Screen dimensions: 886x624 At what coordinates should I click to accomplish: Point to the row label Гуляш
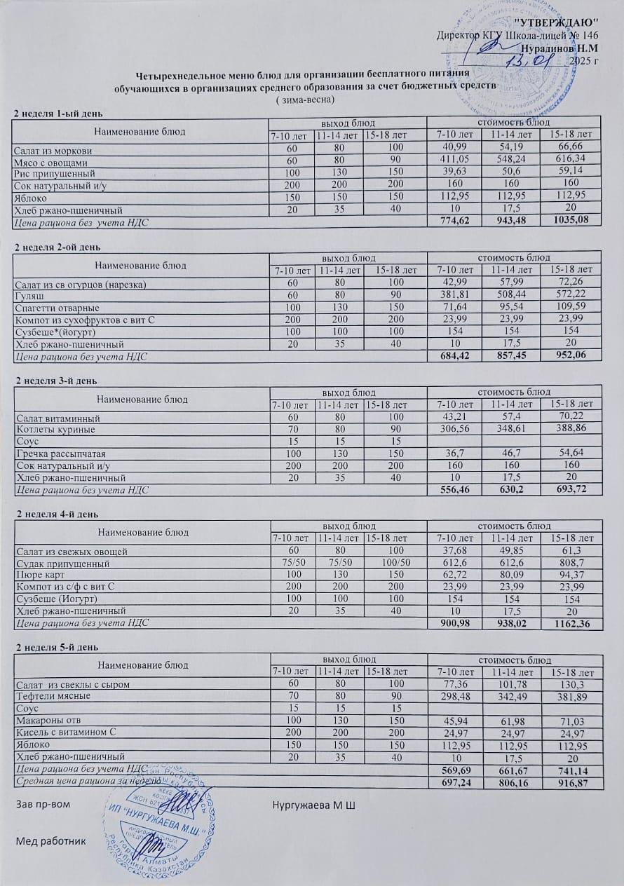click(x=25, y=297)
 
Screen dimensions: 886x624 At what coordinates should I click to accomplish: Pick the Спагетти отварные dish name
click(x=57, y=308)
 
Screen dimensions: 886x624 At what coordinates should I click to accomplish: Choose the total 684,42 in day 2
click(x=453, y=355)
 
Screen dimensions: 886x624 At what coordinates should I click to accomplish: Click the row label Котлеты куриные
click(x=55, y=429)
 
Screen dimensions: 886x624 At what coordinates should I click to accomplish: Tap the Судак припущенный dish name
click(x=62, y=563)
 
